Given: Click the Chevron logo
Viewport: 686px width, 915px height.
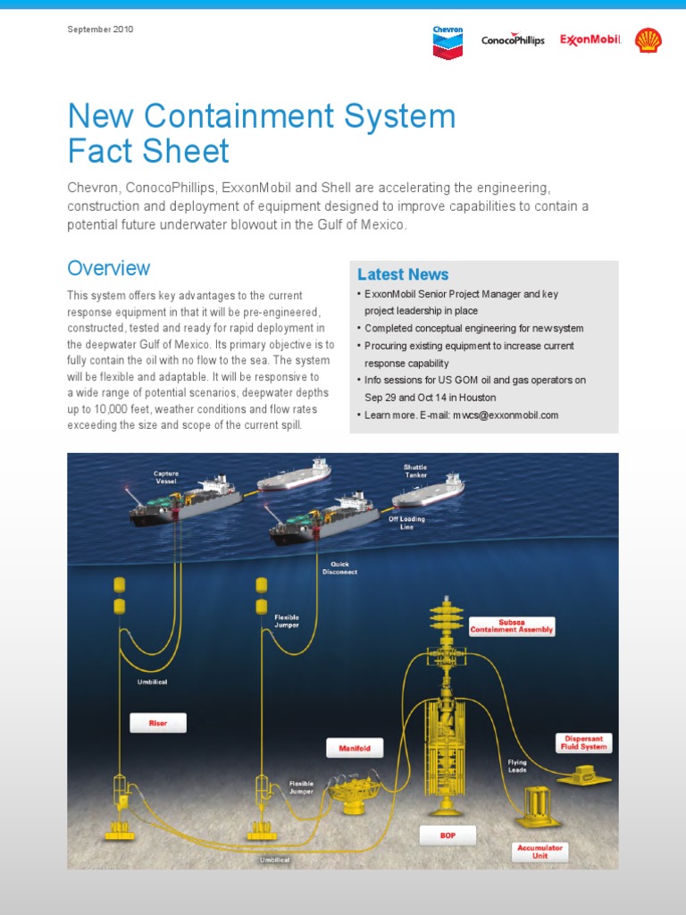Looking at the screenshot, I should coord(448,41).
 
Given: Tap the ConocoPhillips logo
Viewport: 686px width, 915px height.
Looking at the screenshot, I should coord(513,40).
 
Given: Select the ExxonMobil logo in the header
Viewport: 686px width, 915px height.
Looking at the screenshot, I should coord(590,40).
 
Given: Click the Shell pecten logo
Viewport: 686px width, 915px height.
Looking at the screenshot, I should coord(648,40).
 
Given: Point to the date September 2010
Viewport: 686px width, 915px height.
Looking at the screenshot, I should coord(100,29).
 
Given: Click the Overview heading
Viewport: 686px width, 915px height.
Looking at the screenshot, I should coord(109,268).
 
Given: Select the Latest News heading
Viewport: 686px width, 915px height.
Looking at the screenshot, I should coord(403,274).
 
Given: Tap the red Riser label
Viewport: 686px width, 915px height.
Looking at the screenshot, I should coord(157,723).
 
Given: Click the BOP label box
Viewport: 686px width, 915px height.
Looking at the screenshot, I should coord(448,835).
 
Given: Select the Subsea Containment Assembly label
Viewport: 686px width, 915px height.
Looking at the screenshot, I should coord(512,625).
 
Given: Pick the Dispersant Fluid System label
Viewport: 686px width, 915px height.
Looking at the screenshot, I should coord(583,743).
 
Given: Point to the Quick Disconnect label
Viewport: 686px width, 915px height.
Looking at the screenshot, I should coord(339,568).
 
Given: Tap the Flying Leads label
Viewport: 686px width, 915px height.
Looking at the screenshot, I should coord(517,766).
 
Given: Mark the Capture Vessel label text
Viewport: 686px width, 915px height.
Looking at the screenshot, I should coord(166,477).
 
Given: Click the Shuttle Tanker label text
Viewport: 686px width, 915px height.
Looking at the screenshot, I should coord(414,471).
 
